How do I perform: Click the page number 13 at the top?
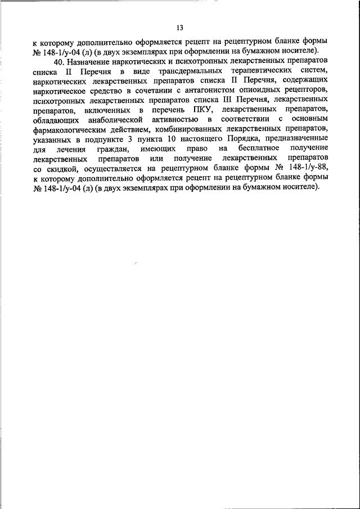pos(179,28)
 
